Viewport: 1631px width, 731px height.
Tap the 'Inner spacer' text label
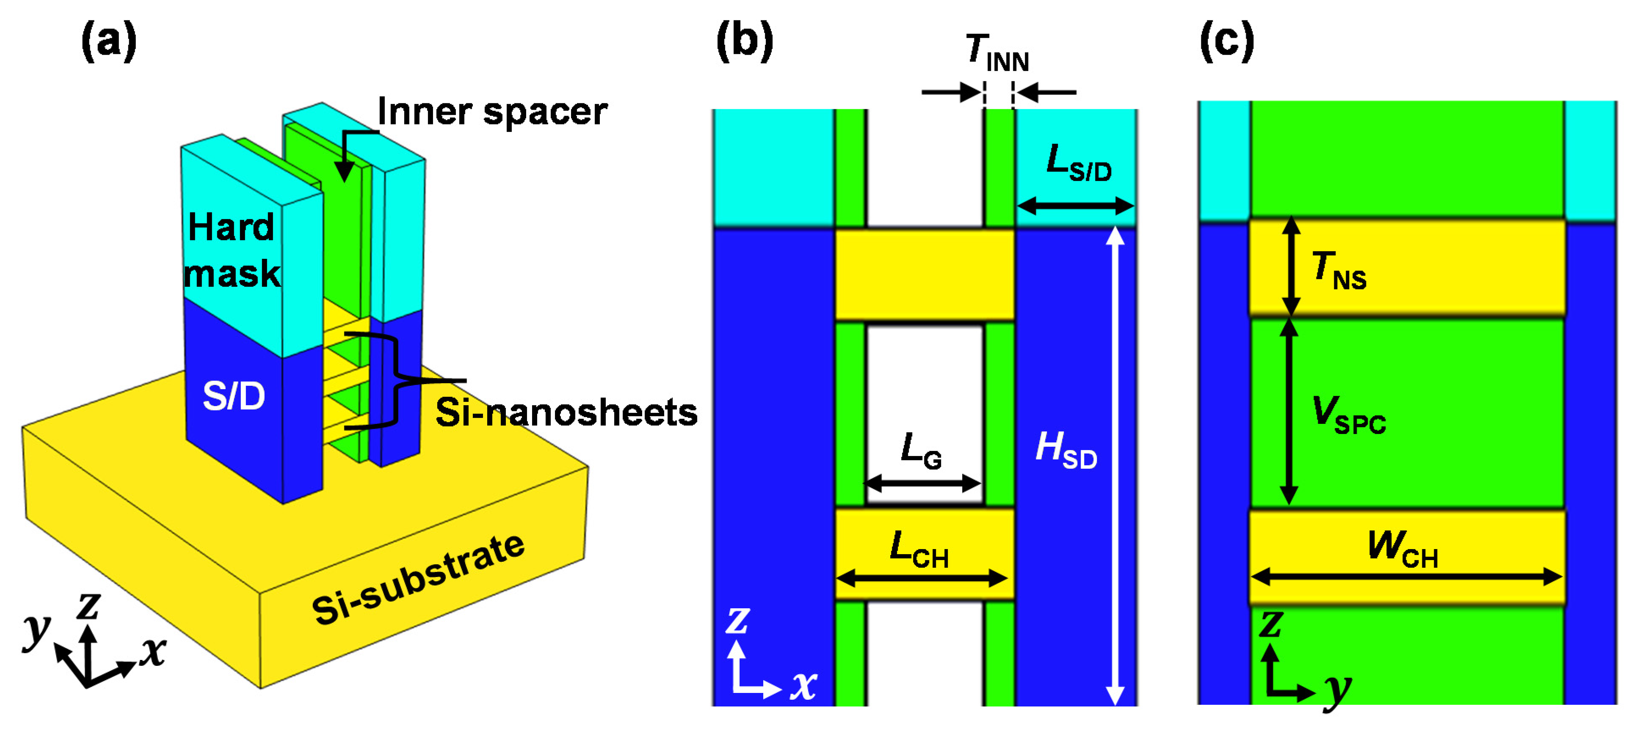click(492, 112)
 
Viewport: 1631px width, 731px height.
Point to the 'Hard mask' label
click(231, 250)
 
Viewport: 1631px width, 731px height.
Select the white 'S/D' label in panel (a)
click(234, 397)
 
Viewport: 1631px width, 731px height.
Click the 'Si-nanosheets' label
click(566, 412)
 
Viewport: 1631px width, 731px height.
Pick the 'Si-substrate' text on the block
click(418, 579)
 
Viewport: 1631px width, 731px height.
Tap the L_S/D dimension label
click(1078, 163)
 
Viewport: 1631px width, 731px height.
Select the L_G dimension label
click(921, 451)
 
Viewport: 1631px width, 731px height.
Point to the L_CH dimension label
click(919, 550)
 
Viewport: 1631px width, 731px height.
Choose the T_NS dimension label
click(1338, 270)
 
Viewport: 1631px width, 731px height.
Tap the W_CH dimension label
click(1402, 548)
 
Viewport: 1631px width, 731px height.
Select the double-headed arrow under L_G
click(922, 484)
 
